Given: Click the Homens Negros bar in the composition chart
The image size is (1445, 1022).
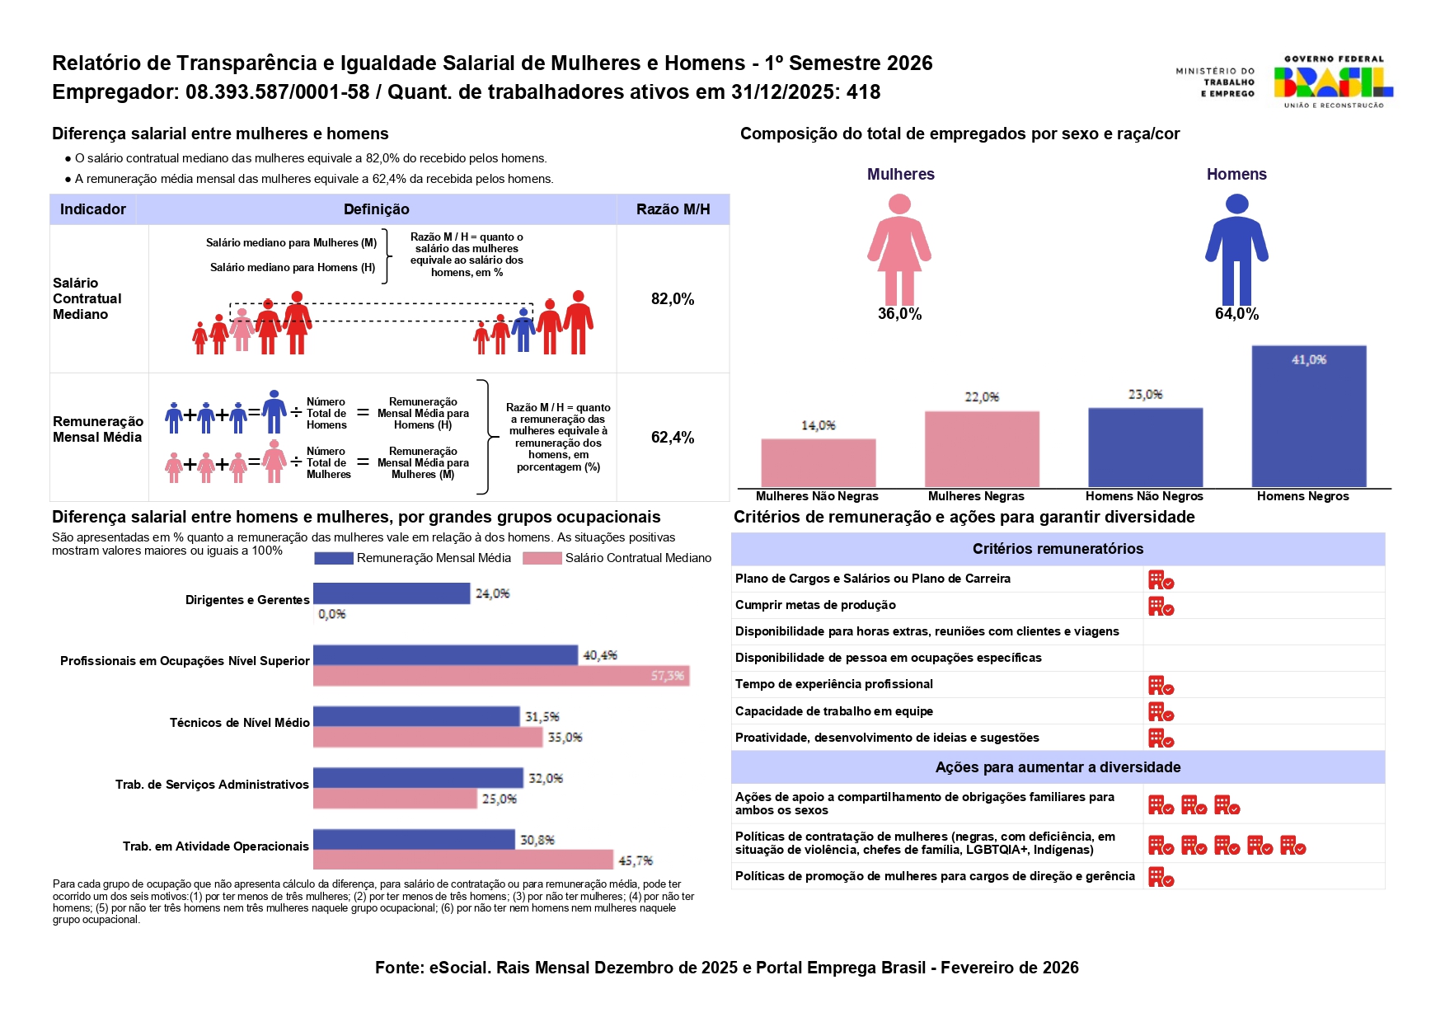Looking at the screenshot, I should [x=1308, y=416].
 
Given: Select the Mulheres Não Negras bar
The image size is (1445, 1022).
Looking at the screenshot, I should [x=818, y=462].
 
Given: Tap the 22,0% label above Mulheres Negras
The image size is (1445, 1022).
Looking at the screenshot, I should [x=982, y=397].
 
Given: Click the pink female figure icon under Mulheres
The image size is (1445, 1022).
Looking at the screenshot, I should [x=899, y=249].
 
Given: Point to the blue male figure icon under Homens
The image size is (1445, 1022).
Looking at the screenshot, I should [x=1236, y=249].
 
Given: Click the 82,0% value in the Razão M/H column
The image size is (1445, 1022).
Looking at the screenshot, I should [x=673, y=299].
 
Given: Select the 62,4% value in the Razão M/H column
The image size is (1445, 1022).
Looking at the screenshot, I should [x=673, y=438].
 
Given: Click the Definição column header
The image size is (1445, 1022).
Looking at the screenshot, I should [x=376, y=209].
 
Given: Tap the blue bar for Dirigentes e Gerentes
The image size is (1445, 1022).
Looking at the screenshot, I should [x=392, y=593].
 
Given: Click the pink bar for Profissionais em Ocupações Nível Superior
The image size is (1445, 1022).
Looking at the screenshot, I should [x=501, y=676].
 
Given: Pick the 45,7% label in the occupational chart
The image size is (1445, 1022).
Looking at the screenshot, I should [x=636, y=860].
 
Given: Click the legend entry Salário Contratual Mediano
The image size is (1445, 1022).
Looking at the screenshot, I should [x=637, y=558].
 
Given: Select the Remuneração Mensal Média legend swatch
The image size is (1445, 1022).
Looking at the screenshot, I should [x=334, y=558].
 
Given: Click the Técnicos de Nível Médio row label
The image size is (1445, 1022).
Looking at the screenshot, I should [x=239, y=723].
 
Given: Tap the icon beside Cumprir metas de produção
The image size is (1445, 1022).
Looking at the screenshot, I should [x=1161, y=607].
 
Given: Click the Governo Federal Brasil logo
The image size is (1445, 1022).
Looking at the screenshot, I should [x=1332, y=82].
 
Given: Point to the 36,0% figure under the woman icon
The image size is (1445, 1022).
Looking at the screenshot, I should [x=899, y=314].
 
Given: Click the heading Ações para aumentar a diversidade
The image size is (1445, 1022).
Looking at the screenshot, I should [x=1058, y=767].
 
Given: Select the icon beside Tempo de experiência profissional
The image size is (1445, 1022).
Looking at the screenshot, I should [x=1161, y=686].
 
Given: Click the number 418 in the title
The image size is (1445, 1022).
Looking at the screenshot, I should [x=863, y=92].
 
